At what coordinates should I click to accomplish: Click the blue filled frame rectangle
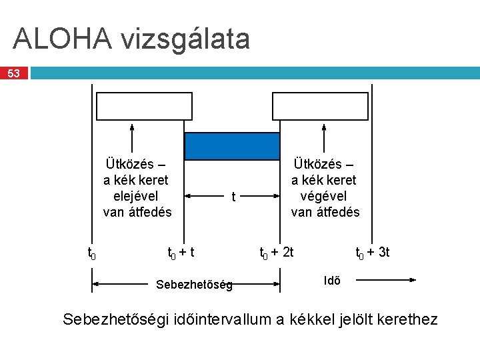pyautogui.click(x=232, y=147)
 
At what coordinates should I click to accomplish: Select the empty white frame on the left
pyautogui.click(x=145, y=106)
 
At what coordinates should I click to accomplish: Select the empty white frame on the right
pyautogui.click(x=320, y=106)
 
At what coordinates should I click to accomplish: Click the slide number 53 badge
pyautogui.click(x=14, y=73)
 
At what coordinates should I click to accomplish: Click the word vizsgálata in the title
pyautogui.click(x=186, y=39)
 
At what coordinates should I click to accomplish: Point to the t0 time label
pyautogui.click(x=93, y=253)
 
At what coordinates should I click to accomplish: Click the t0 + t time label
pyautogui.click(x=181, y=253)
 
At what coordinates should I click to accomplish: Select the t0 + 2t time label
pyautogui.click(x=276, y=253)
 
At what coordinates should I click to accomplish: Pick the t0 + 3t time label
pyautogui.click(x=373, y=253)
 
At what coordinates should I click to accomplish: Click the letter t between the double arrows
pyautogui.click(x=233, y=197)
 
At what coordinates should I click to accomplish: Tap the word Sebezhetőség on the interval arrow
pyautogui.click(x=194, y=285)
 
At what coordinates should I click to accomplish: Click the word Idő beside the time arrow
pyautogui.click(x=332, y=281)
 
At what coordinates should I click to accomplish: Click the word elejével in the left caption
pyautogui.click(x=136, y=197)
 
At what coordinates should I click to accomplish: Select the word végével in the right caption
pyautogui.click(x=324, y=197)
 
